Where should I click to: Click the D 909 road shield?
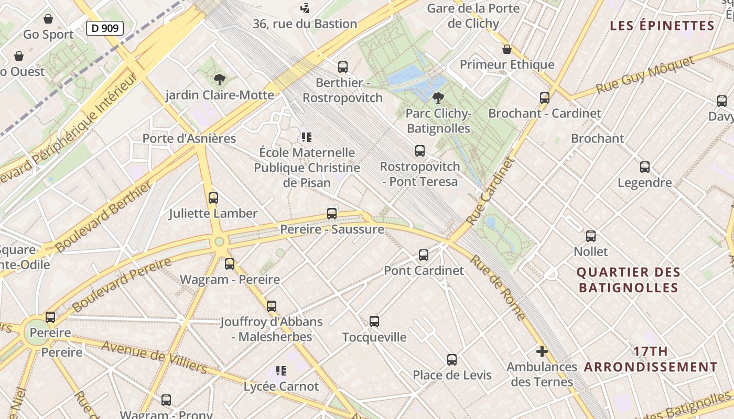(105, 28)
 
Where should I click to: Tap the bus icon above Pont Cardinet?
(424, 255)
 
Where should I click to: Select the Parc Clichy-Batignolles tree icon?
(438, 98)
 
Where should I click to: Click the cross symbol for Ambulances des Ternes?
(542, 351)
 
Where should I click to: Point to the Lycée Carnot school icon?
(281, 371)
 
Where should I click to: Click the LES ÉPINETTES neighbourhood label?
(662, 26)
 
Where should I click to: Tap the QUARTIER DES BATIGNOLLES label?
(628, 280)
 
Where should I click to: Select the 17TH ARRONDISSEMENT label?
(650, 359)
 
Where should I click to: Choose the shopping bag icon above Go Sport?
(48, 19)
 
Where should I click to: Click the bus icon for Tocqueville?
(374, 322)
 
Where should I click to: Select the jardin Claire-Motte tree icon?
(220, 80)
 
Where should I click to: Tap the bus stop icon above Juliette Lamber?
(213, 198)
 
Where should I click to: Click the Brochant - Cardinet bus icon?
(545, 98)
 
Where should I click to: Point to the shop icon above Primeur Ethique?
(507, 50)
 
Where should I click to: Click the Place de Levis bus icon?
(452, 360)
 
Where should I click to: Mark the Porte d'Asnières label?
(189, 139)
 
